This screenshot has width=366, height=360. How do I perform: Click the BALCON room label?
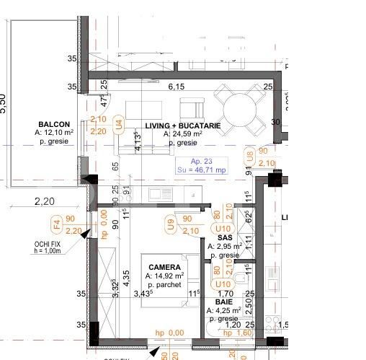tap(55, 123)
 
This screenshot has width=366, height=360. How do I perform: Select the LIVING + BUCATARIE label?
tap(183, 126)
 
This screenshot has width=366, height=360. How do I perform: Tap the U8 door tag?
tap(250, 157)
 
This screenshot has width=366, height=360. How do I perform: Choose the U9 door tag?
tap(171, 225)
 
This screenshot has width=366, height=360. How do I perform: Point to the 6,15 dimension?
tap(177, 87)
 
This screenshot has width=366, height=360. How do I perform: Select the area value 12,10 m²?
tap(55, 133)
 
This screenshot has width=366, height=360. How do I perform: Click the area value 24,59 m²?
tap(183, 134)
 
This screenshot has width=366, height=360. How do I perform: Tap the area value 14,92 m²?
tap(164, 276)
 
